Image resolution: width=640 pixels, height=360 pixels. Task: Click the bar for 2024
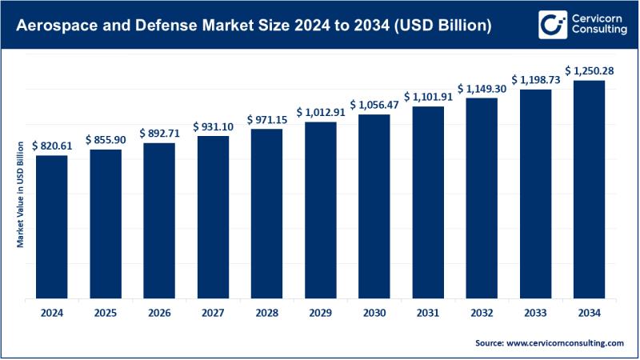pos(51,226)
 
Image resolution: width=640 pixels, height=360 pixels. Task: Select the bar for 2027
pos(213,217)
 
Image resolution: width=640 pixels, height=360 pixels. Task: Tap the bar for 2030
pos(374,206)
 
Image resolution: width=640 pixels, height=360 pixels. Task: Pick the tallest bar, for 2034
pos(590,189)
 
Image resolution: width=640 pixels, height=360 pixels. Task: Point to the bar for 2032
pos(482,198)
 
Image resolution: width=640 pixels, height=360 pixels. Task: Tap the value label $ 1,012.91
pos(322,113)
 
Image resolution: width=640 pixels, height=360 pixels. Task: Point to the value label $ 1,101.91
pos(428,97)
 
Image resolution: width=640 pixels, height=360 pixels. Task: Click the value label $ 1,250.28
pos(590,71)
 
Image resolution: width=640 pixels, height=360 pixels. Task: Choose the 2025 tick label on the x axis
pos(105,313)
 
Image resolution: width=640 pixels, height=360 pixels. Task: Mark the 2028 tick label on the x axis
pos(266,313)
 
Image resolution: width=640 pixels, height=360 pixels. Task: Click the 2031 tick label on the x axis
pos(428,313)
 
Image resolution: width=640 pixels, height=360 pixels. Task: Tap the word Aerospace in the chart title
pos(54,26)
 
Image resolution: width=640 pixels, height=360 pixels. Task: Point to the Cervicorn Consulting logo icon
pos(527,24)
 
